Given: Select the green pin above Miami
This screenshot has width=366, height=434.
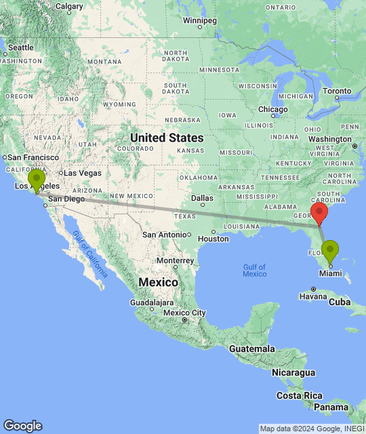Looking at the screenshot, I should pos(330,252).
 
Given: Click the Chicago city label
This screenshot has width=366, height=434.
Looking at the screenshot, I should pos(272,109).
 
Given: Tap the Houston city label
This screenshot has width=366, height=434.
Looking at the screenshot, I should pos(213,238).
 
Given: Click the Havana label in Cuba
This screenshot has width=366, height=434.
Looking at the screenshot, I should pos(313,296).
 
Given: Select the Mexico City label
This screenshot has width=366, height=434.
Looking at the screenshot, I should pos(184,313).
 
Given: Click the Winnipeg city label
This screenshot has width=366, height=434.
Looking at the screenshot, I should pos(199,20).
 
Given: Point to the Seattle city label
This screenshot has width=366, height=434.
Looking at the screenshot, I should pos(20,47).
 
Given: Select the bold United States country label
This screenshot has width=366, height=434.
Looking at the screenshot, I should pos(167,138).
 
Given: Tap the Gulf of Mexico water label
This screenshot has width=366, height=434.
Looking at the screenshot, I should pos(254,270).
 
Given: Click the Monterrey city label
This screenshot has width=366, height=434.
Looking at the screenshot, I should pos(175,260).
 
